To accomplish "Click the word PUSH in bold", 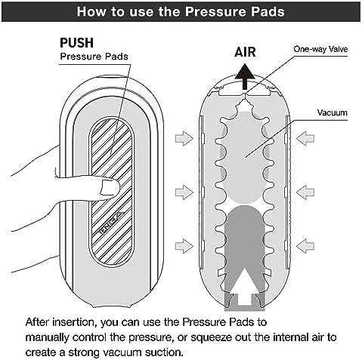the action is [76, 43].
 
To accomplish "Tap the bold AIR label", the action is [245, 52].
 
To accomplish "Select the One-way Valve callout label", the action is [320, 49].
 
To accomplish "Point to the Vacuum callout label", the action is [333, 112].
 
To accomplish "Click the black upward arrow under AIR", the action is [245, 77].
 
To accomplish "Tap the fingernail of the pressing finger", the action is [110, 188].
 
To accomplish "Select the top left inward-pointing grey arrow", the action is [184, 138].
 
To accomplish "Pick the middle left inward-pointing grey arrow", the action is [184, 192].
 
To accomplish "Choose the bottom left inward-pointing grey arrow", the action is [184, 246].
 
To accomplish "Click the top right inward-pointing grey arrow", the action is [305, 138].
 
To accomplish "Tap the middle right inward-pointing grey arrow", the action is [305, 192].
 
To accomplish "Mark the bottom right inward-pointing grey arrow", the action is [305, 246].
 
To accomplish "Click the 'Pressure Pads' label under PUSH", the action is [94, 57].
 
